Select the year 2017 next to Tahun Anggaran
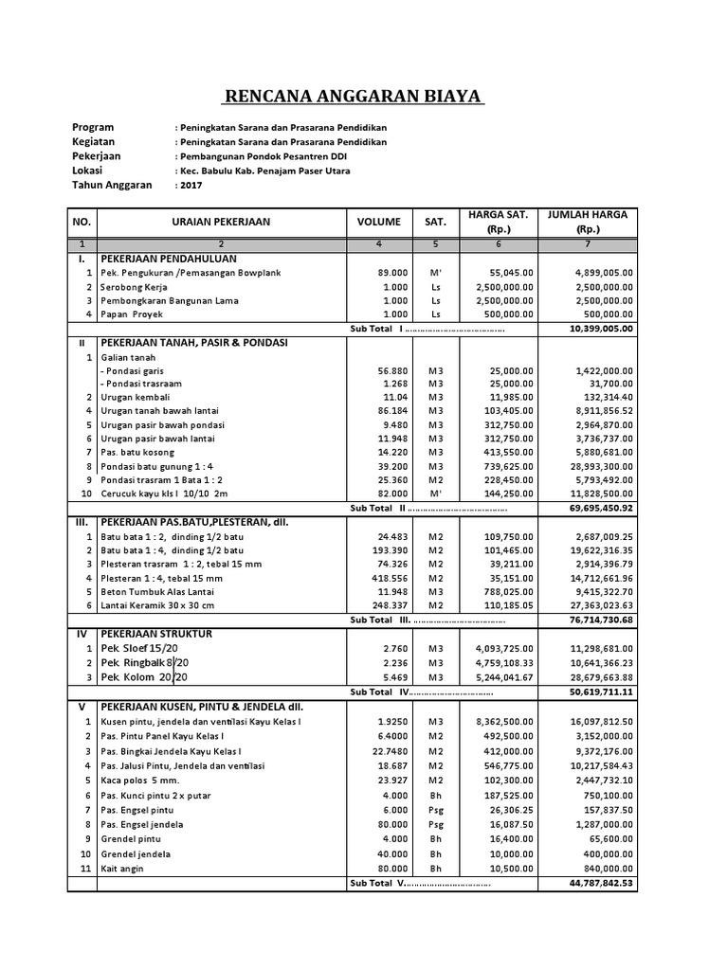192,186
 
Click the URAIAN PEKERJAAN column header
221,222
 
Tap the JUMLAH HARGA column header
588,222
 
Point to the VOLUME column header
378,222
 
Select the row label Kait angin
125,868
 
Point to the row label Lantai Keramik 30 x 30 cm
157,605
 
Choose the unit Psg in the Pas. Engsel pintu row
436,811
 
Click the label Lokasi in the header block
87,171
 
